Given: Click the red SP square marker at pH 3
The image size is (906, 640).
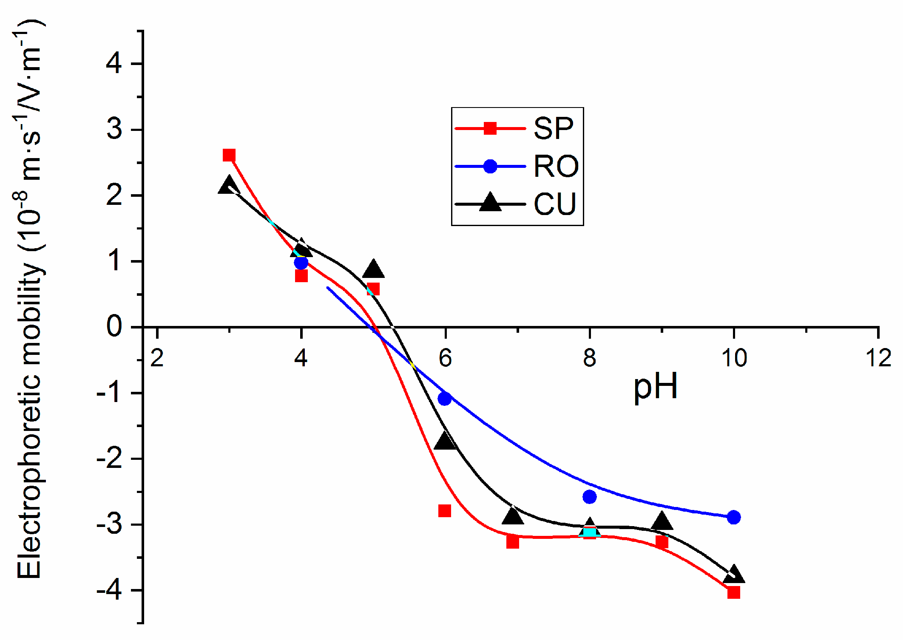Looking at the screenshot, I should [x=229, y=155].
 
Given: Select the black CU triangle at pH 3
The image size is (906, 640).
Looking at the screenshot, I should [x=229, y=186].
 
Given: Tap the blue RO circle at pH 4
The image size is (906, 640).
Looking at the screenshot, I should [x=301, y=262].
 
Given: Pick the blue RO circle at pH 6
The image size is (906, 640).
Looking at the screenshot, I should [x=445, y=399].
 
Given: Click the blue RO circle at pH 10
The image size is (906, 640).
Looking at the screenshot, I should [x=733, y=517].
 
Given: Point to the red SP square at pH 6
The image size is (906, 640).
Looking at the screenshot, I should [x=445, y=510].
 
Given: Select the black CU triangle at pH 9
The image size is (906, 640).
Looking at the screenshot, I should [x=662, y=521].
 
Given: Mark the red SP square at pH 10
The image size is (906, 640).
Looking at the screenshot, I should [x=733, y=592].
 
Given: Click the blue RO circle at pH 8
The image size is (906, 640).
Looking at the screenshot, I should [x=589, y=496].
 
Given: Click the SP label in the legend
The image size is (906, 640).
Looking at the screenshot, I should [x=553, y=128].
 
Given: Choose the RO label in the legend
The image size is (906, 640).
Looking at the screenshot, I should [x=556, y=166].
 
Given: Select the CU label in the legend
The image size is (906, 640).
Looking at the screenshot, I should [x=555, y=204].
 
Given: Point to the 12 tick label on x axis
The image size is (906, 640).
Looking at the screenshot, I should [x=878, y=358].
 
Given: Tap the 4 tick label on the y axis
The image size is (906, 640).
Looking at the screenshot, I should [x=114, y=64].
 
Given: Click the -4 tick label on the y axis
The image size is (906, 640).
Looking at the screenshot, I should [x=109, y=591].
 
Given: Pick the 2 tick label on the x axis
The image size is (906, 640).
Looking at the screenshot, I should [x=157, y=358].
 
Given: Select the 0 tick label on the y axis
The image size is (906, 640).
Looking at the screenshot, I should [x=114, y=327].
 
